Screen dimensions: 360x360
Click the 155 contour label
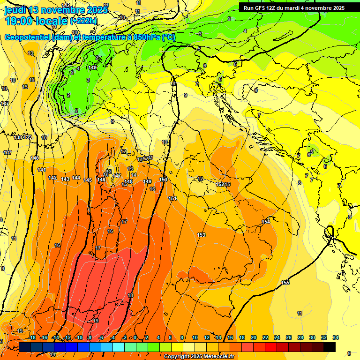285,283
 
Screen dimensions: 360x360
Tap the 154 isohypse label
266,222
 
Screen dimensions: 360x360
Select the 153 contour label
201,235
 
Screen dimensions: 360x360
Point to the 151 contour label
172,199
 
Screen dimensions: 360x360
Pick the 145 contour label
88,180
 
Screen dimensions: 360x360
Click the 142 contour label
52,178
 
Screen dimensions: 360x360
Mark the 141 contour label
42,170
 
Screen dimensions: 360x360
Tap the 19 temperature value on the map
96,321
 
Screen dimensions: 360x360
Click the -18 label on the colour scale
32,337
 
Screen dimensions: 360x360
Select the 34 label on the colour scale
335,337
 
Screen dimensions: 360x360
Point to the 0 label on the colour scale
135,337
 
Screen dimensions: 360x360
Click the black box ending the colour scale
329,347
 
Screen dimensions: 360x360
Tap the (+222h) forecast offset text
84,21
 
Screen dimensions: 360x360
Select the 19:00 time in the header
20,21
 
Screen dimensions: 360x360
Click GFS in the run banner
260,8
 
